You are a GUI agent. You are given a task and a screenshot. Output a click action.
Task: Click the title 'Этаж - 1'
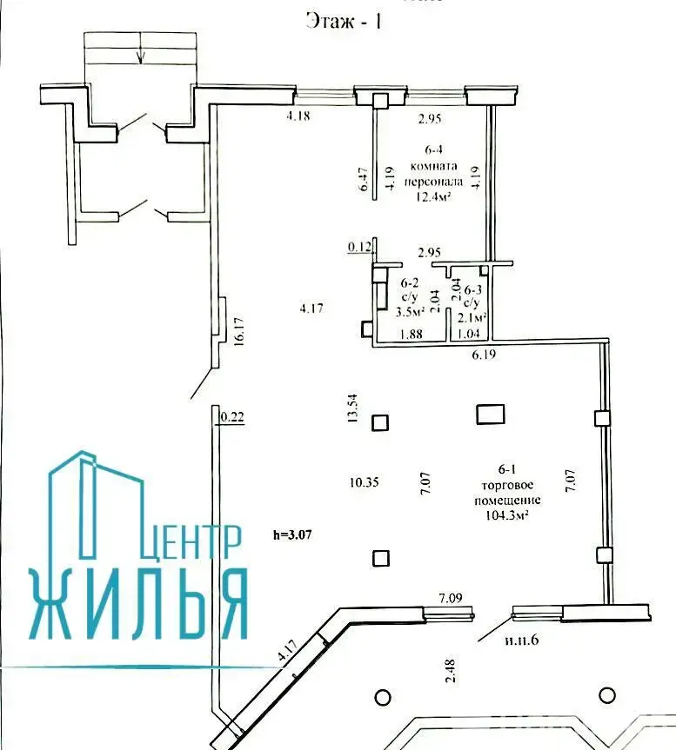tap(345, 21)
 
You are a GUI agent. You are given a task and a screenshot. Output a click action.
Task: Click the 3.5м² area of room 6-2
tap(410, 311)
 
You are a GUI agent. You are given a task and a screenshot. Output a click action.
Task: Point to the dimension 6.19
tap(483, 355)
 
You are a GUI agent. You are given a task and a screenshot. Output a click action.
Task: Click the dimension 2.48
tap(449, 672)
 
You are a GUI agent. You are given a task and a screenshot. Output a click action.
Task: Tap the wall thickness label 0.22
tap(231, 418)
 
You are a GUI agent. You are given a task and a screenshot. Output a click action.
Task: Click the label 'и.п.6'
tap(522, 640)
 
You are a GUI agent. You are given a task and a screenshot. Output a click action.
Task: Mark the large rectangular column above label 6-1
tap(490, 414)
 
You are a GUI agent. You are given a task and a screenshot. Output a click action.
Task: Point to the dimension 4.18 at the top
tap(300, 116)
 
